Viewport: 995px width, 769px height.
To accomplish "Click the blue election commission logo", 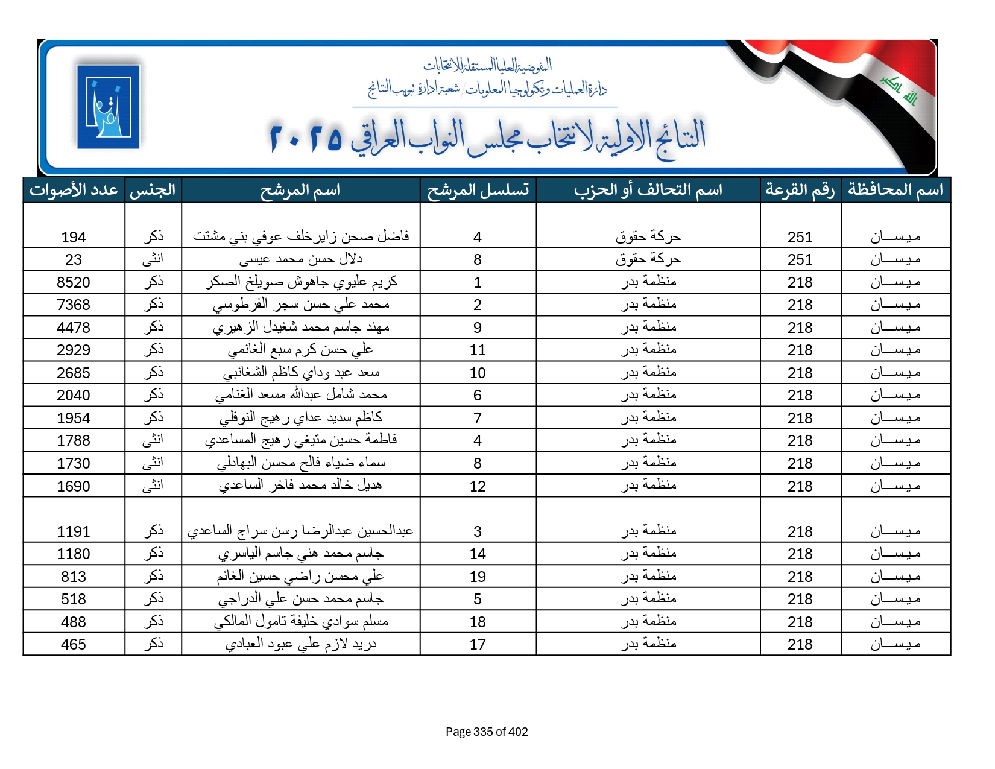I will tap(108, 106).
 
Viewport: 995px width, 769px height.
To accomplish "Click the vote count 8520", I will tap(74, 283).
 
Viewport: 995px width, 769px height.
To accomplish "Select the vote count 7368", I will tap(74, 305).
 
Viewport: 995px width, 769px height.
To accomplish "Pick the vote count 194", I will tap(74, 238).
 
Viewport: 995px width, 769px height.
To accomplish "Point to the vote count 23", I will tap(74, 260).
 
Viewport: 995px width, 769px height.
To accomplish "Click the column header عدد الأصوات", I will tap(74, 190).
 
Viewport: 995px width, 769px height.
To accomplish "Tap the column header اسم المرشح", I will tap(300, 190).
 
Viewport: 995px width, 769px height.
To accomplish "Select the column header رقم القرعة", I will tap(800, 190).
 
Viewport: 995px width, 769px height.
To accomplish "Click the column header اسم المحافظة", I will tap(895, 190).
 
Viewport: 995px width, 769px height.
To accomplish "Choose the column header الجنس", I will tap(153, 190).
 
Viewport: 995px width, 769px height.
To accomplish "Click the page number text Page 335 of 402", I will tap(487, 732).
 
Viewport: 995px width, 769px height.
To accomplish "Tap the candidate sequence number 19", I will tap(478, 577).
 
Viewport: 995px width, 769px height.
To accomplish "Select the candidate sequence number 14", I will tap(478, 554).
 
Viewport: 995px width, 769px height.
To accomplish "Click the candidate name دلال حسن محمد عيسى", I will tap(300, 260).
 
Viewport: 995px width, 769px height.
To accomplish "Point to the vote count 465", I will tap(74, 645).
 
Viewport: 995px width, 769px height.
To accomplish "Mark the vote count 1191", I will tap(74, 532).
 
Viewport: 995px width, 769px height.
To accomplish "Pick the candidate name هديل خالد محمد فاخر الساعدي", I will tap(300, 486).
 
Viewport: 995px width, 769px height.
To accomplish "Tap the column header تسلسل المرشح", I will tap(478, 190).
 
